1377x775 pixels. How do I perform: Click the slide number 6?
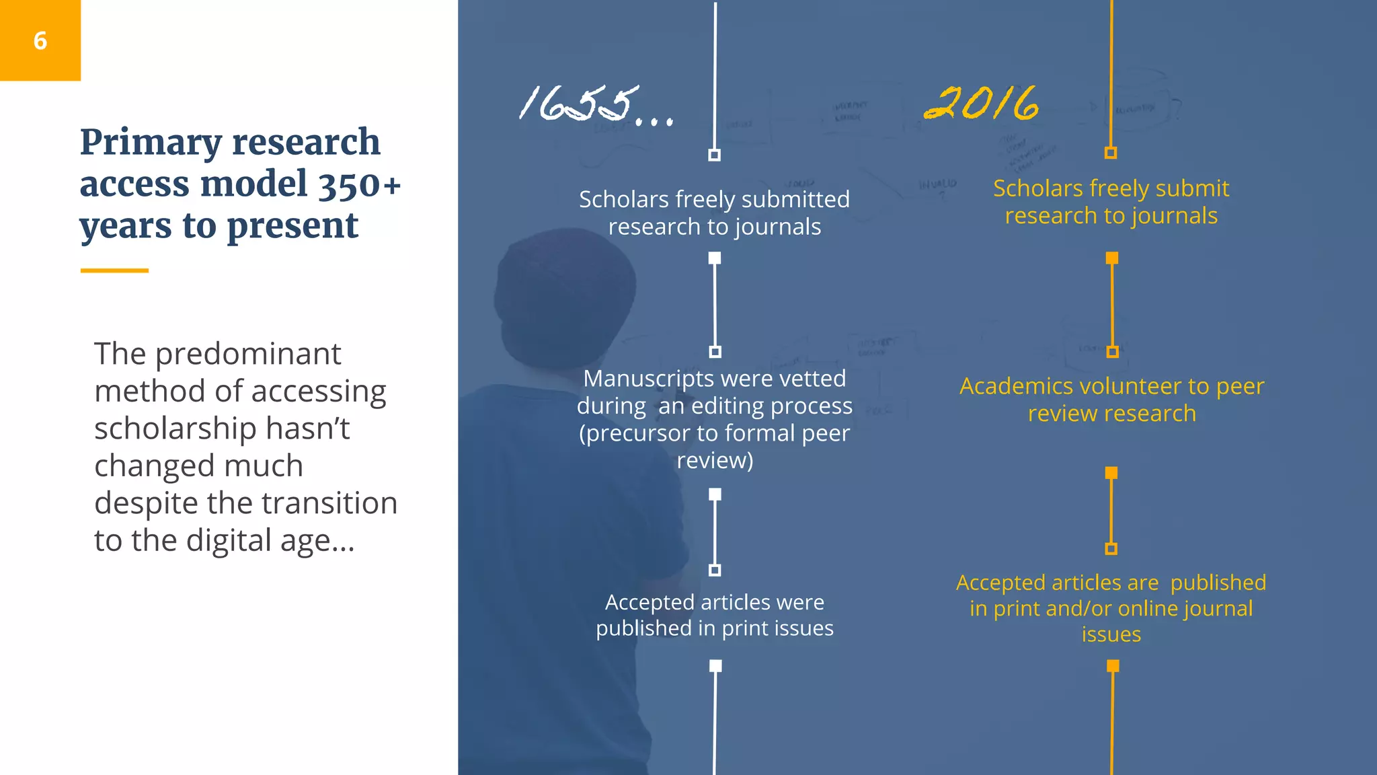coord(40,41)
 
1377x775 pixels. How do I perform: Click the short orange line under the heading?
coord(114,270)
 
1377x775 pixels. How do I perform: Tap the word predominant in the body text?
coord(248,354)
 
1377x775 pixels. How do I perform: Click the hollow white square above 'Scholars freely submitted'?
coord(715,155)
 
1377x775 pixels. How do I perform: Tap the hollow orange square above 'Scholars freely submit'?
coord(1111,153)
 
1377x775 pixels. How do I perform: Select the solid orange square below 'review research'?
coord(1111,473)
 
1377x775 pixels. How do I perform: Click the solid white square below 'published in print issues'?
coord(715,666)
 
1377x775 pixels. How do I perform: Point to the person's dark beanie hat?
coord(565,296)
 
